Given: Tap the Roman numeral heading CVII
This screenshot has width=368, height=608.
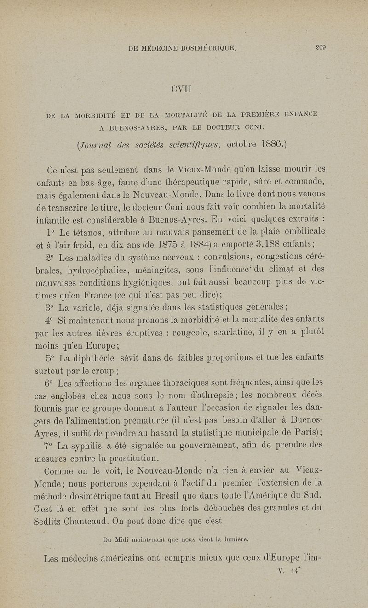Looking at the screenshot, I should click(184, 88).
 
